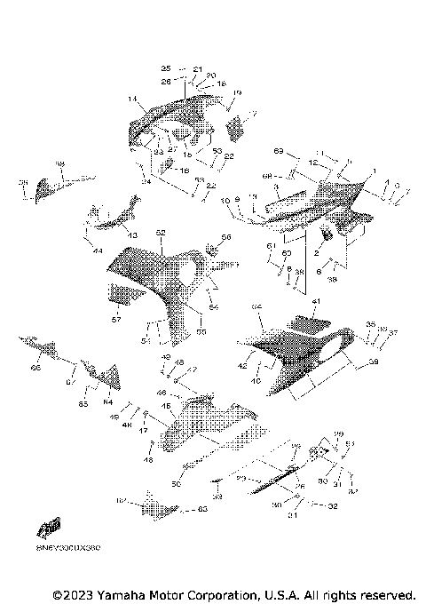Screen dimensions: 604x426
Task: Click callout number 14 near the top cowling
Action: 131,99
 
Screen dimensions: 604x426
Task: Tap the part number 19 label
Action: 237,93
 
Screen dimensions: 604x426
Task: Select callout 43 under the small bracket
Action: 133,234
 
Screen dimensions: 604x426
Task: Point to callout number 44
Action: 97,251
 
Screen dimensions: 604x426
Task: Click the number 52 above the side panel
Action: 161,233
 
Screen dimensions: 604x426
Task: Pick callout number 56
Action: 225,237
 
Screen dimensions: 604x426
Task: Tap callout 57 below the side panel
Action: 114,318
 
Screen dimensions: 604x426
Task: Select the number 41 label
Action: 314,303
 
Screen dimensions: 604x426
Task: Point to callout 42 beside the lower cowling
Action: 242,365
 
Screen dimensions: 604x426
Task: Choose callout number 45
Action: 166,407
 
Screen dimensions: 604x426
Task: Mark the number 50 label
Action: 176,484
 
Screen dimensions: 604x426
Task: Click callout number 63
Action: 202,509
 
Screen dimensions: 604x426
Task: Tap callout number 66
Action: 35,368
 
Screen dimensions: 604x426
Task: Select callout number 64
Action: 107,402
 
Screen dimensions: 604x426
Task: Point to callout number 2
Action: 314,254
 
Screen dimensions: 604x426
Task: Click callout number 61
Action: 272,245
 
